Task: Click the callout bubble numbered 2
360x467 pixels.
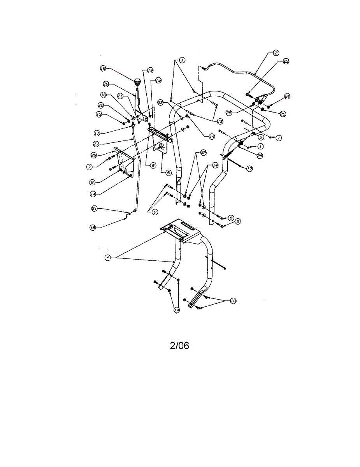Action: point(276,53)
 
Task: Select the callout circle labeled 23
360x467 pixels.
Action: point(286,61)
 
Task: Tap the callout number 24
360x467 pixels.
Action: point(287,96)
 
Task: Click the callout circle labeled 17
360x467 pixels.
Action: point(249,169)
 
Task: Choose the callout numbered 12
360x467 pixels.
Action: point(220,122)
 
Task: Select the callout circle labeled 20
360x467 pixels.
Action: point(101,105)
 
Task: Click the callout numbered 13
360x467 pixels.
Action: point(99,114)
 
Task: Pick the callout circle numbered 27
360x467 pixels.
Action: point(96,144)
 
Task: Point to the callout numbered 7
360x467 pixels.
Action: point(90,166)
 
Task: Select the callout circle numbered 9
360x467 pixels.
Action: point(153,165)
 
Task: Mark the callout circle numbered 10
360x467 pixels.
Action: point(233,301)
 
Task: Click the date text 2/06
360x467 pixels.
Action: point(179,346)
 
